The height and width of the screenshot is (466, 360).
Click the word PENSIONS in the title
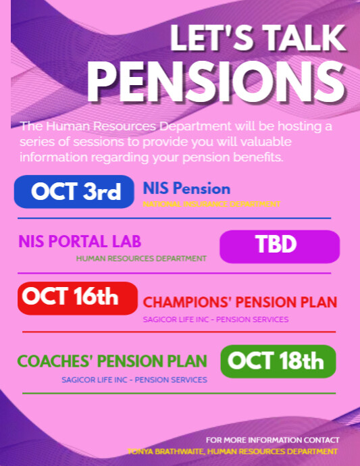pos(216,82)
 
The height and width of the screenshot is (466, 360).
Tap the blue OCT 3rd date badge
pos(75,192)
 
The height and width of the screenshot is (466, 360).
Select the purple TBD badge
pos(280,245)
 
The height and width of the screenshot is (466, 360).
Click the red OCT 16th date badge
pos(70,297)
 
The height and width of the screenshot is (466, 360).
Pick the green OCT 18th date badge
pos(278,361)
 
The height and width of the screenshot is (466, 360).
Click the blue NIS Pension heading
pos(186,189)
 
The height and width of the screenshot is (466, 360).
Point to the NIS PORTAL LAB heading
pos(80,242)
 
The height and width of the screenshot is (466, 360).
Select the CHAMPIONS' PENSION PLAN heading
pos(240,303)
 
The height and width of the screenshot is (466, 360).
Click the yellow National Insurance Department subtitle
pos(211,204)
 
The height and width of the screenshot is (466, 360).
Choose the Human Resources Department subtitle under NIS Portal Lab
pos(141,258)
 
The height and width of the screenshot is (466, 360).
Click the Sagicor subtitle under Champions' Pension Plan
pos(215,319)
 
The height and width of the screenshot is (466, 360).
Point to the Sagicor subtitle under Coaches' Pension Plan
pos(134,380)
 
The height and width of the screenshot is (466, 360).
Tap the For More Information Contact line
pos(272,440)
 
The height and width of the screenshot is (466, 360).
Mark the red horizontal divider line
pos(179,332)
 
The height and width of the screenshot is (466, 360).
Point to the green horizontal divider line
pos(179,393)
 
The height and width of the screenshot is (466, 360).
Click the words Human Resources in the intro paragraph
pos(89,126)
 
